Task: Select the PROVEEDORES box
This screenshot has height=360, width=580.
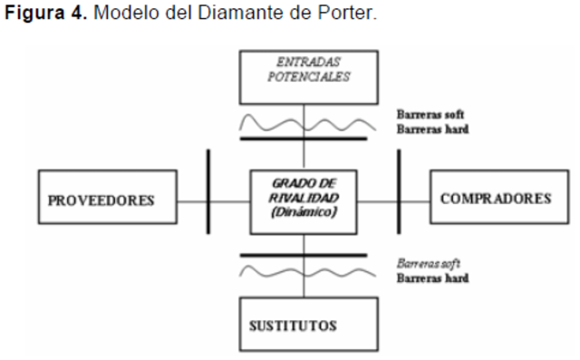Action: tap(100, 197)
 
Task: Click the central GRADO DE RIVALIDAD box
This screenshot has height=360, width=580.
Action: tap(304, 198)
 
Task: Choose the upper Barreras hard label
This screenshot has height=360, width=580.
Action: tap(431, 130)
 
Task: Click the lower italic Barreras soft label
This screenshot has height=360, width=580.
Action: tap(430, 264)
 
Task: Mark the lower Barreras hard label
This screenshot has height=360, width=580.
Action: tap(431, 277)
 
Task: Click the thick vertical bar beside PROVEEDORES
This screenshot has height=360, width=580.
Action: tap(209, 197)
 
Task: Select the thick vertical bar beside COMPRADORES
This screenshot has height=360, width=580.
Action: tap(399, 197)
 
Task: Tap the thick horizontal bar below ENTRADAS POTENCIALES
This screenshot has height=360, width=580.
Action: tap(304, 139)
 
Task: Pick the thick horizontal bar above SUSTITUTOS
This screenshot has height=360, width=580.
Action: tap(304, 255)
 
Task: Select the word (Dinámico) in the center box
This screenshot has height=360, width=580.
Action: tap(304, 214)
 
